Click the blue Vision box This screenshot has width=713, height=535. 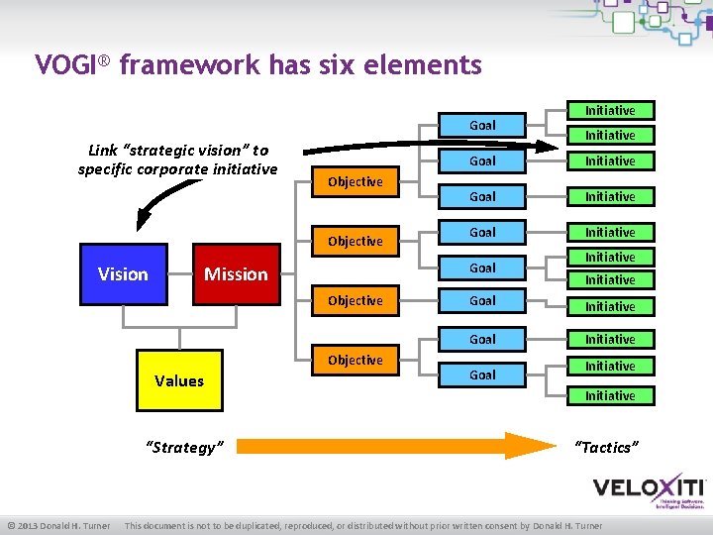[123, 274]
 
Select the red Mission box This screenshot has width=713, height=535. [236, 274]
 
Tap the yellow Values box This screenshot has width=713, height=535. [179, 380]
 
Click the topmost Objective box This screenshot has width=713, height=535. [355, 182]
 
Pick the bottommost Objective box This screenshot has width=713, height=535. [355, 361]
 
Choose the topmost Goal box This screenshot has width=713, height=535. [482, 126]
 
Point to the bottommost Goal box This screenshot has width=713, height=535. [482, 375]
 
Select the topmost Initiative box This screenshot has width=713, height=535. [610, 111]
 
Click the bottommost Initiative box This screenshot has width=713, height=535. [610, 396]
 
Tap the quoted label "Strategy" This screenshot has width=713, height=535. [185, 448]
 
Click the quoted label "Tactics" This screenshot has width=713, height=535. [606, 448]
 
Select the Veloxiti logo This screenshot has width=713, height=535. [648, 490]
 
